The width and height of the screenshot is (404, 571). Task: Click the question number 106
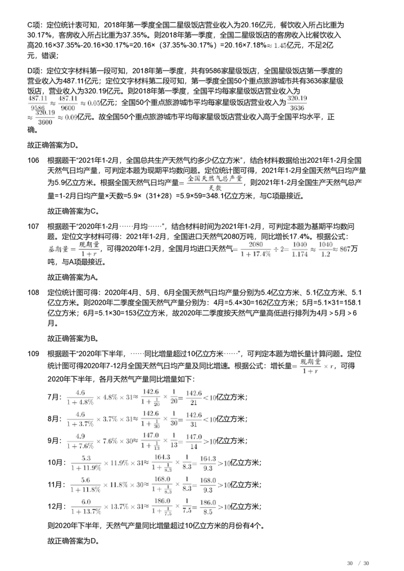tap(33, 160)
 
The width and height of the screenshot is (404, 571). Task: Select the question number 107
tap(33, 226)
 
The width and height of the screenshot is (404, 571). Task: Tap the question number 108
tap(33, 293)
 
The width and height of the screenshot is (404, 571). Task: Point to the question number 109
tap(33, 354)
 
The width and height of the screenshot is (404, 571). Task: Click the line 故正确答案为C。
tap(74, 211)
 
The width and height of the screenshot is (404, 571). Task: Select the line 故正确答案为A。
tap(74, 277)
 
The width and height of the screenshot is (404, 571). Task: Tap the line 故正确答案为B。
tap(74, 338)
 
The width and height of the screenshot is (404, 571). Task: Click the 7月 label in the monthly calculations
tap(55, 397)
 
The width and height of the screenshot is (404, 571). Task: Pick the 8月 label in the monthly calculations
tap(55, 419)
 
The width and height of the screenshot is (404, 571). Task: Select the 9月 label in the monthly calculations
tap(55, 441)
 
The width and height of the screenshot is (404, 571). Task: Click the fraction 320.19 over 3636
tap(297, 103)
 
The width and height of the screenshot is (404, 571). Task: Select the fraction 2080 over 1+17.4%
tap(256, 249)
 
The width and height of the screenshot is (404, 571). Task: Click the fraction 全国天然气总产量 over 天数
tap(215, 183)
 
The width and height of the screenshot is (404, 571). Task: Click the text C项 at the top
tap(35, 25)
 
